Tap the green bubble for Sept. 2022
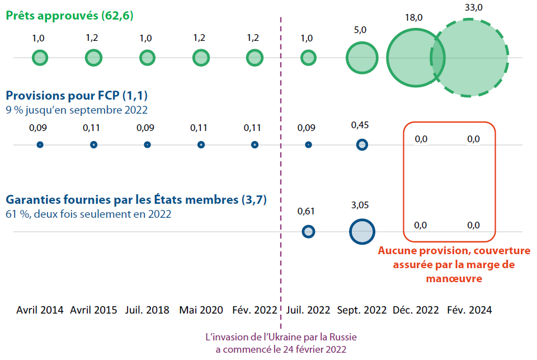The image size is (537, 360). (x=362, y=58)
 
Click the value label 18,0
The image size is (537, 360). (x=414, y=17)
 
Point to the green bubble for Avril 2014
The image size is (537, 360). (x=40, y=58)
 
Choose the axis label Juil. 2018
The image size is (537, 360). (x=147, y=310)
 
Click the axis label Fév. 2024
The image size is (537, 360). (x=469, y=310)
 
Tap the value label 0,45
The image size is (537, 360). (x=362, y=125)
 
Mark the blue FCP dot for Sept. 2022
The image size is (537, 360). (x=362, y=145)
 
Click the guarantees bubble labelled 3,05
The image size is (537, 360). (x=362, y=231)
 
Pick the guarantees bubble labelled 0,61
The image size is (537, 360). (x=308, y=231)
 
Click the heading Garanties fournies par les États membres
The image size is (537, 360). (x=136, y=199)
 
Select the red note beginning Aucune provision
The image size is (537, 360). (x=454, y=264)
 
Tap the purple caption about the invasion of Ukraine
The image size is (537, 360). (x=281, y=343)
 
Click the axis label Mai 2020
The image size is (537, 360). (x=201, y=310)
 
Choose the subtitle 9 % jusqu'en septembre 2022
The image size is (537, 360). (x=77, y=110)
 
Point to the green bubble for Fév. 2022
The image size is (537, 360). (x=255, y=58)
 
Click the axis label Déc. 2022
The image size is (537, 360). (x=416, y=310)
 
